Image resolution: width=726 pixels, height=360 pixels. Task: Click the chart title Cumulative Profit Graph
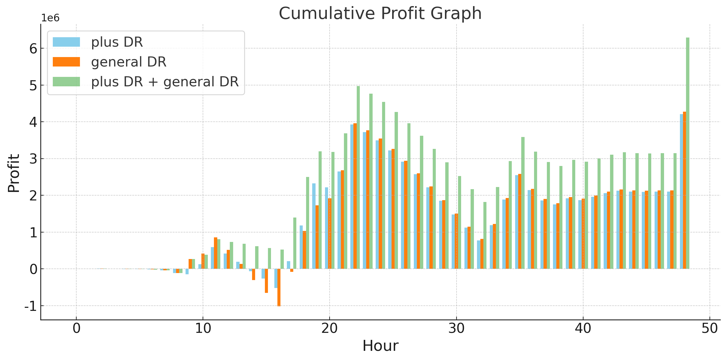[380, 13]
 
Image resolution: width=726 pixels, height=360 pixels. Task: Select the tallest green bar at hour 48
[688, 153]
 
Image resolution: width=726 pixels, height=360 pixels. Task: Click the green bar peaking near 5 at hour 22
[358, 177]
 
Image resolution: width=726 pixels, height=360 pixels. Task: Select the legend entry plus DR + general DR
[165, 82]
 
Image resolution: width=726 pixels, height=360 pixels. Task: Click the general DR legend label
[128, 62]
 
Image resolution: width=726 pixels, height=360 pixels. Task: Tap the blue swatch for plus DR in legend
[66, 42]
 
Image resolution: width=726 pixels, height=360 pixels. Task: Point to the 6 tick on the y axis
[33, 49]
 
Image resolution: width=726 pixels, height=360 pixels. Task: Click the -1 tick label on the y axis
[31, 306]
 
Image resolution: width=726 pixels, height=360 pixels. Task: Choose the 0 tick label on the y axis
[33, 269]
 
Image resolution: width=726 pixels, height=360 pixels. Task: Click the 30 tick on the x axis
[456, 329]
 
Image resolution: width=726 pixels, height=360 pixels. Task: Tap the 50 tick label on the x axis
[710, 329]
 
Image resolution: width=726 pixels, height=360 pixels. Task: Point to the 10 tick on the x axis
[203, 329]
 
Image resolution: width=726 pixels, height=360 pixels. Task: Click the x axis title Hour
[380, 346]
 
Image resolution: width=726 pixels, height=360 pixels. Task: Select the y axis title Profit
[14, 173]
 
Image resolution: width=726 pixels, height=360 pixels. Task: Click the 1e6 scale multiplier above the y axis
[50, 18]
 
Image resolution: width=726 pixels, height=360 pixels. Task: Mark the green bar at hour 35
[523, 203]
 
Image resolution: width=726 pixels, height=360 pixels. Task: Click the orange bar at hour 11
[215, 253]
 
